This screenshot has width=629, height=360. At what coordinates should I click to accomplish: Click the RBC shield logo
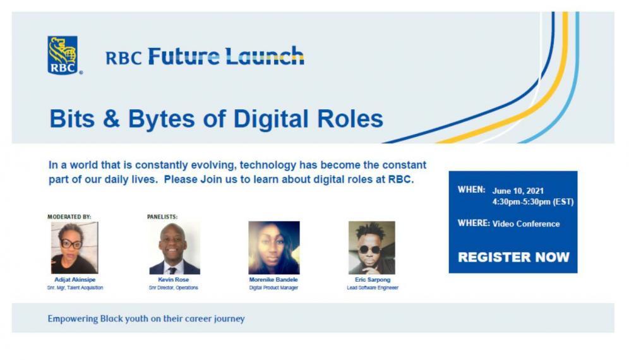(63, 56)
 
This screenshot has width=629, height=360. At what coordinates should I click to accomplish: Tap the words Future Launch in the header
(226, 56)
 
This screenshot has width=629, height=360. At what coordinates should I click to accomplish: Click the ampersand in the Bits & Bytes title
(111, 118)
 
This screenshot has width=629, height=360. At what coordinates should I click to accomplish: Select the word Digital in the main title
(271, 119)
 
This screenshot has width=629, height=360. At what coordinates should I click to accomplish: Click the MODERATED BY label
(69, 217)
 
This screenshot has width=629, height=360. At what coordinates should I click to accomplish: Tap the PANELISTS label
(162, 217)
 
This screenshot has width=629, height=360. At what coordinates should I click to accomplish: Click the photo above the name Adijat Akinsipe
(75, 248)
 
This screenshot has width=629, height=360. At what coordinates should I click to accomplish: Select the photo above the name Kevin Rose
(174, 248)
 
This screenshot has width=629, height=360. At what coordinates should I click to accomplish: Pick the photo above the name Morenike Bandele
(274, 248)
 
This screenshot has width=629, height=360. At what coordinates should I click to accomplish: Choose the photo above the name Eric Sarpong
(372, 248)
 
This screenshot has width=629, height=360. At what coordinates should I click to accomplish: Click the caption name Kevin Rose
(173, 280)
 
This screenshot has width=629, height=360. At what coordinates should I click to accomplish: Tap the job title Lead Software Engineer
(373, 288)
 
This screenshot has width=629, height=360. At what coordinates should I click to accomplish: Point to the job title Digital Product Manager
(273, 288)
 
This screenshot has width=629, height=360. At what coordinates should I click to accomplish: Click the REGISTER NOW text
(513, 257)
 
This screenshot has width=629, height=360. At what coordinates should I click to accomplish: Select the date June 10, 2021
(518, 191)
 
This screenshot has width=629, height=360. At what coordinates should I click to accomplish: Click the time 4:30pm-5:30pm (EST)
(533, 202)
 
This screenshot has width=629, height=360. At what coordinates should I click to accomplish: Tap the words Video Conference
(526, 224)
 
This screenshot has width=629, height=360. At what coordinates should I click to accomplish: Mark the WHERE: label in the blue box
(474, 223)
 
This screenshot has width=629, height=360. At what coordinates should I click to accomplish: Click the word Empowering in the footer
(73, 319)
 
